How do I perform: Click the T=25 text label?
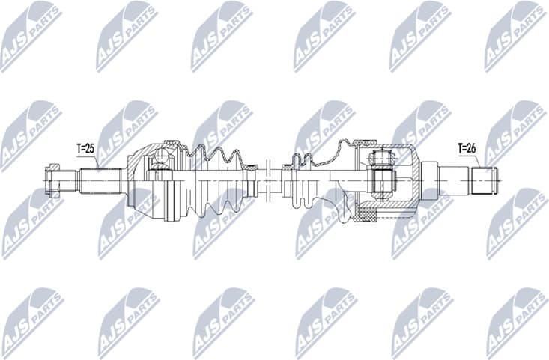tap(85, 149)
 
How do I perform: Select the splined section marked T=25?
tap(101, 180)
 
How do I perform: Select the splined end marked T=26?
tap(483, 180)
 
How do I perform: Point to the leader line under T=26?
tap(476, 160)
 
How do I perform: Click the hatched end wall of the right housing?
tap(414, 180)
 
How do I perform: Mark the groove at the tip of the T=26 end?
tap(494, 180)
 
